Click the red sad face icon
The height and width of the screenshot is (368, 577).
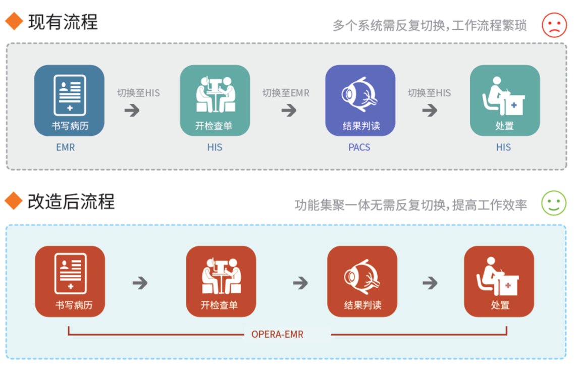point(554,24)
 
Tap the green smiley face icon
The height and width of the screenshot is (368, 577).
point(554,203)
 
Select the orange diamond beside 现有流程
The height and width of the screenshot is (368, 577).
point(14,21)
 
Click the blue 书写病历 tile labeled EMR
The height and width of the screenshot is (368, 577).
point(69,100)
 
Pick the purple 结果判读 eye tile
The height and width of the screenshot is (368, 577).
point(360,100)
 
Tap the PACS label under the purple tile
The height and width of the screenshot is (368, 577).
point(359,147)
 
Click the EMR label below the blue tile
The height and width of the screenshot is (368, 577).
point(66,147)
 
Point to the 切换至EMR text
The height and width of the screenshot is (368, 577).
point(286,93)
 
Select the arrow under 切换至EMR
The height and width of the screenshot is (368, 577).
point(289,110)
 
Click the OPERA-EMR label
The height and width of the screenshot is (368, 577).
point(277,334)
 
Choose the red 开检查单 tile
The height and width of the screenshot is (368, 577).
point(221,281)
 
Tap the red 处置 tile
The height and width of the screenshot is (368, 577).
point(499,281)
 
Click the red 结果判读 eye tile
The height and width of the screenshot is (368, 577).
point(362,281)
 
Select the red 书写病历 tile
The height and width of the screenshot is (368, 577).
point(70,281)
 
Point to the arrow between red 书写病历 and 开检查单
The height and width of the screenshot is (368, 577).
point(140,283)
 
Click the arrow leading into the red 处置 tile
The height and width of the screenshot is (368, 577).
point(430,283)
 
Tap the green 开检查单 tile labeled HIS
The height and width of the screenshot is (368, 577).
point(215,100)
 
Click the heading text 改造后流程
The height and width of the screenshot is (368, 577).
point(71,201)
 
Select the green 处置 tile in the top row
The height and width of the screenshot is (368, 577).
point(505,100)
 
